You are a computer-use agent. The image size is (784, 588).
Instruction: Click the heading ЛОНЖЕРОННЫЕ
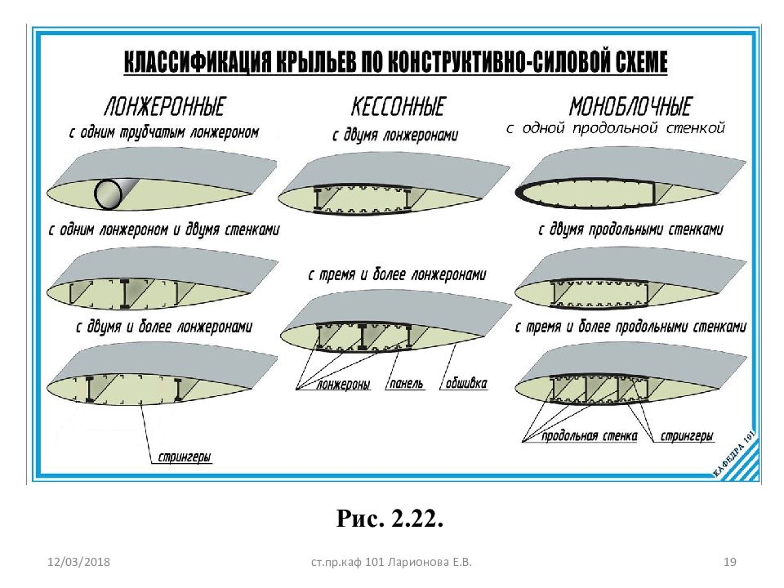164,106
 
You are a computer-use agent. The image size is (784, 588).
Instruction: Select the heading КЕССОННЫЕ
398,106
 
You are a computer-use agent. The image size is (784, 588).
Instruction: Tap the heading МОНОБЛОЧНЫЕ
630,106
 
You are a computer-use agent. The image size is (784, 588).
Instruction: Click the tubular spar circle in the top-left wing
108,194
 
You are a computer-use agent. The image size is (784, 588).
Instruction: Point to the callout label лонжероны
344,384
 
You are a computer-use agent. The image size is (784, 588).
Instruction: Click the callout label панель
406,384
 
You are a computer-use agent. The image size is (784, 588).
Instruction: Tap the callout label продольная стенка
590,436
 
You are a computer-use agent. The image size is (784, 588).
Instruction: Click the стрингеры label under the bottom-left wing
185,457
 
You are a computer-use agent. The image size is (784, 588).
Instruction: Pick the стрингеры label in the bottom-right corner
687,436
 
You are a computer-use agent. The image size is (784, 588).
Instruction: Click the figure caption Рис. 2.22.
390,519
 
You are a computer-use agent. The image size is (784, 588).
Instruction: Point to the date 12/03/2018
78,562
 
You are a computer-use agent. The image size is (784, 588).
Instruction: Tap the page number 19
730,562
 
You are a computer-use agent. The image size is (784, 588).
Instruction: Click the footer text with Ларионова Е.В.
391,562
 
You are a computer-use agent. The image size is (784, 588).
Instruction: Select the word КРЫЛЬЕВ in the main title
314,61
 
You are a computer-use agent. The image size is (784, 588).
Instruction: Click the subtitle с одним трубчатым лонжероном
164,132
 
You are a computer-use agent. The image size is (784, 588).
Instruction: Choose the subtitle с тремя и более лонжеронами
397,275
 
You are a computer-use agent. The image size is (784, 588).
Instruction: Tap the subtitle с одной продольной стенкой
616,128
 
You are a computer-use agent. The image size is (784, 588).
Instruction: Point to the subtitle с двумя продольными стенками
630,230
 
